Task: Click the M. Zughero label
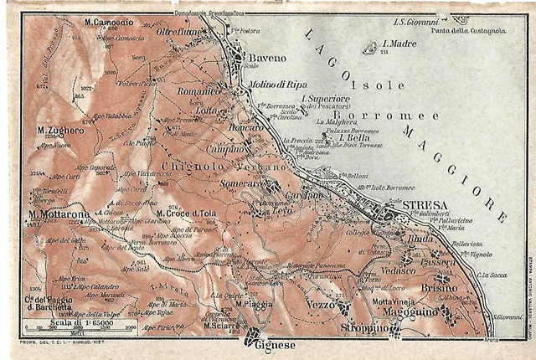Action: (x=61, y=131)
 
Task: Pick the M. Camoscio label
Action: (x=109, y=19)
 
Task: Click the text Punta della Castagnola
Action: (x=470, y=31)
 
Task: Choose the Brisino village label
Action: (x=441, y=287)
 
